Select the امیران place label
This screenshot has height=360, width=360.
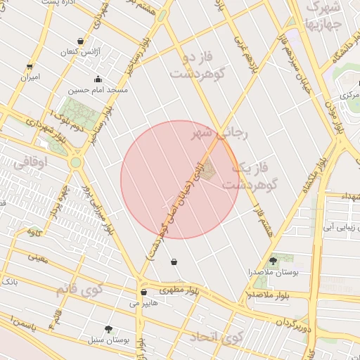[x=29, y=76]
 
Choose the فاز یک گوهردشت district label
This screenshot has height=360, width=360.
[x=250, y=176]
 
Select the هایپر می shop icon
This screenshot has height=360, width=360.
[x=143, y=292]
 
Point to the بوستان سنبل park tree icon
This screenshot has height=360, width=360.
[x=108, y=329]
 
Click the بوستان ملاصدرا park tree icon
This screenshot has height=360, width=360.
[x=273, y=261]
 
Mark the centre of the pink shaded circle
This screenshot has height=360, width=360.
[x=179, y=179]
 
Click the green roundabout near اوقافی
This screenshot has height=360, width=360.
[x=75, y=162]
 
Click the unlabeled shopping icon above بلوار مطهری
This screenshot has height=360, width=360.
[x=174, y=262]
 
